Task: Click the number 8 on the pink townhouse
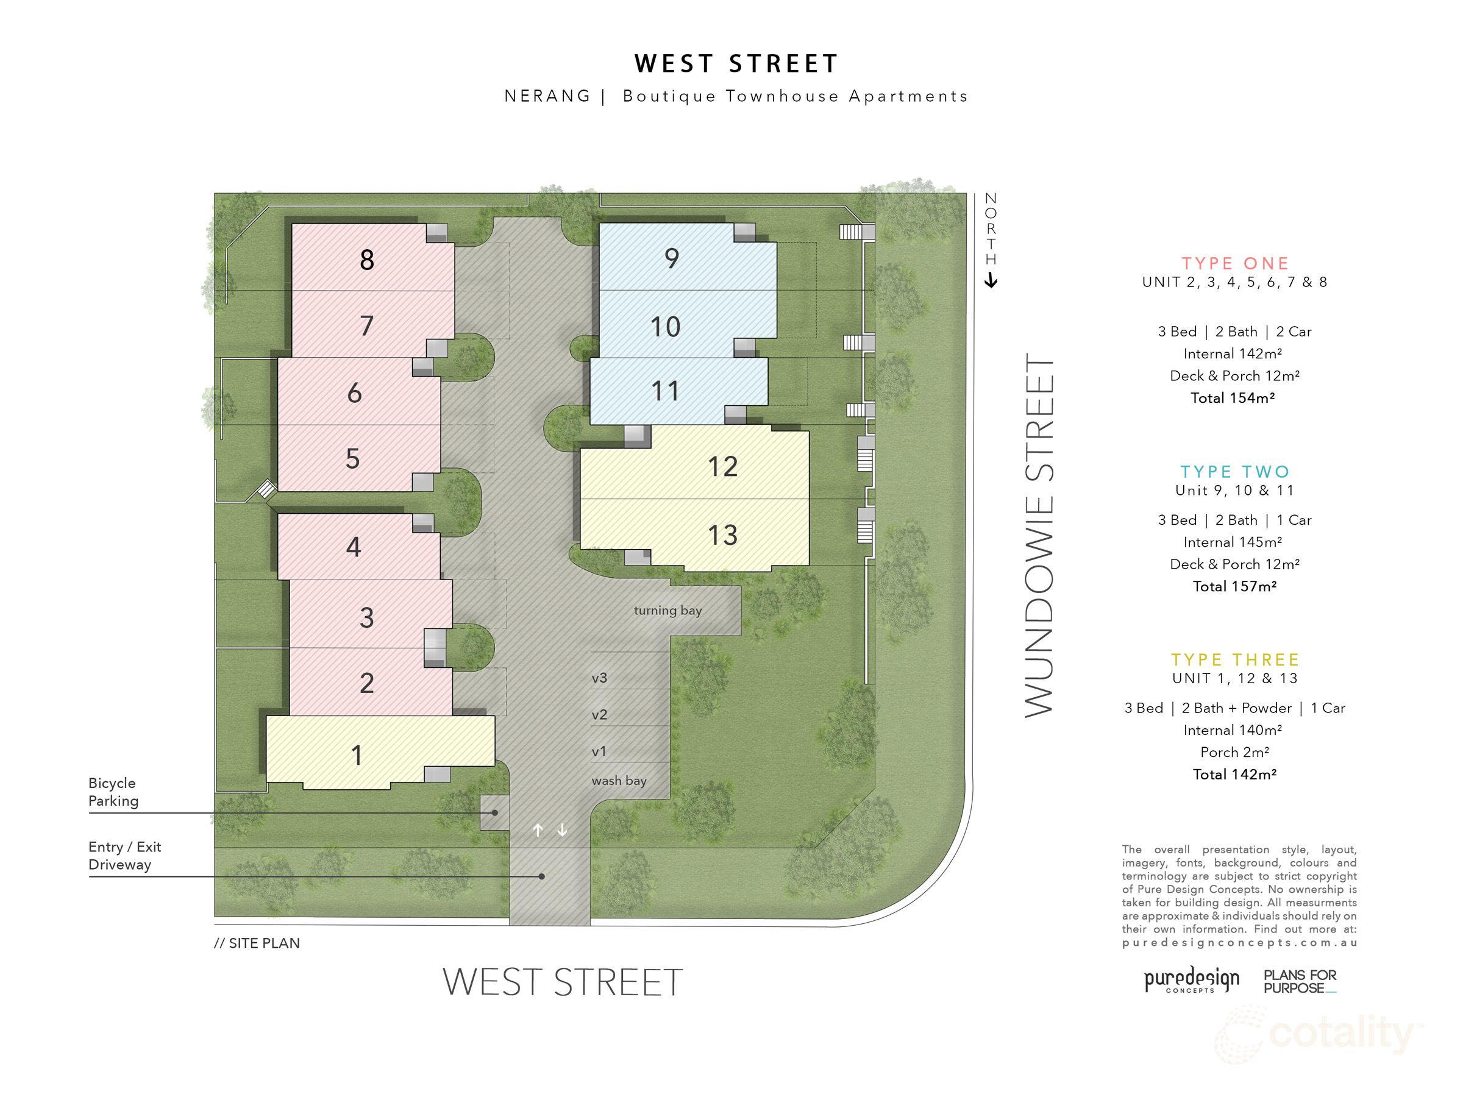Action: coord(367,260)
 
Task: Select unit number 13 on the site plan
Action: coord(722,535)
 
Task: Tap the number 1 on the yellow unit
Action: coord(357,754)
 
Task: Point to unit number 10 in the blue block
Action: coord(666,327)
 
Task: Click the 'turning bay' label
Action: coord(667,610)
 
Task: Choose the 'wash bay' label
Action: coord(619,780)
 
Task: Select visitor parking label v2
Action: coord(599,715)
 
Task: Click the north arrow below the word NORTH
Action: coord(991,281)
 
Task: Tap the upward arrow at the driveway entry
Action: coord(538,830)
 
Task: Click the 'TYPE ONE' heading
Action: coord(1235,263)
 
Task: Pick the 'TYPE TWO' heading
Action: coord(1235,472)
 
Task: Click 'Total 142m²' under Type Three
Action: coord(1234,775)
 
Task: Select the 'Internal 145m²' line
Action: coord(1233,542)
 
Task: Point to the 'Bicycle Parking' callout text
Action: coord(114,792)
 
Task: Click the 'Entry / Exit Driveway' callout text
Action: coord(125,856)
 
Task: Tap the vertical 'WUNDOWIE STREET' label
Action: coord(1039,536)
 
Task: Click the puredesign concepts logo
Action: coord(1191,980)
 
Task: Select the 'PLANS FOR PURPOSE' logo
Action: coord(1300,981)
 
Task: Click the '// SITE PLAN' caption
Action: coord(257,943)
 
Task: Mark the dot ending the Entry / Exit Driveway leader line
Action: coord(542,877)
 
